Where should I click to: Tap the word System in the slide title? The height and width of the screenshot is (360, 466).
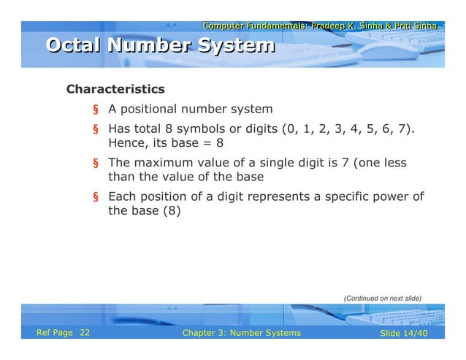pos(237,47)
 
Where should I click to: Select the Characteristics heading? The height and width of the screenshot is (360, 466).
pos(115,90)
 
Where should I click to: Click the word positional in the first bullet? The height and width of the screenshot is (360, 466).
pos(151,110)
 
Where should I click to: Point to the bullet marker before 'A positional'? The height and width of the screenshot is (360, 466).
pos(95,110)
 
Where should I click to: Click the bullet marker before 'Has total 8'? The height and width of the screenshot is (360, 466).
pos(95,130)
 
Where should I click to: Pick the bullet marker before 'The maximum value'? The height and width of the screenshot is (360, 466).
pos(95,164)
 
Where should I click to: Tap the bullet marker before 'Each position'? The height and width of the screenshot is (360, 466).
pos(95,197)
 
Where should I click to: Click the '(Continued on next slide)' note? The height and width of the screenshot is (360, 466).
pos(383,298)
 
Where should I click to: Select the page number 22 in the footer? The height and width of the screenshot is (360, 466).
pos(85,333)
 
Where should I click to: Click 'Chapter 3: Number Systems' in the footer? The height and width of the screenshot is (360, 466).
pos(241,333)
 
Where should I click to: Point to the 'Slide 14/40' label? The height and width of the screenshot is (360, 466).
pos(404,333)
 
